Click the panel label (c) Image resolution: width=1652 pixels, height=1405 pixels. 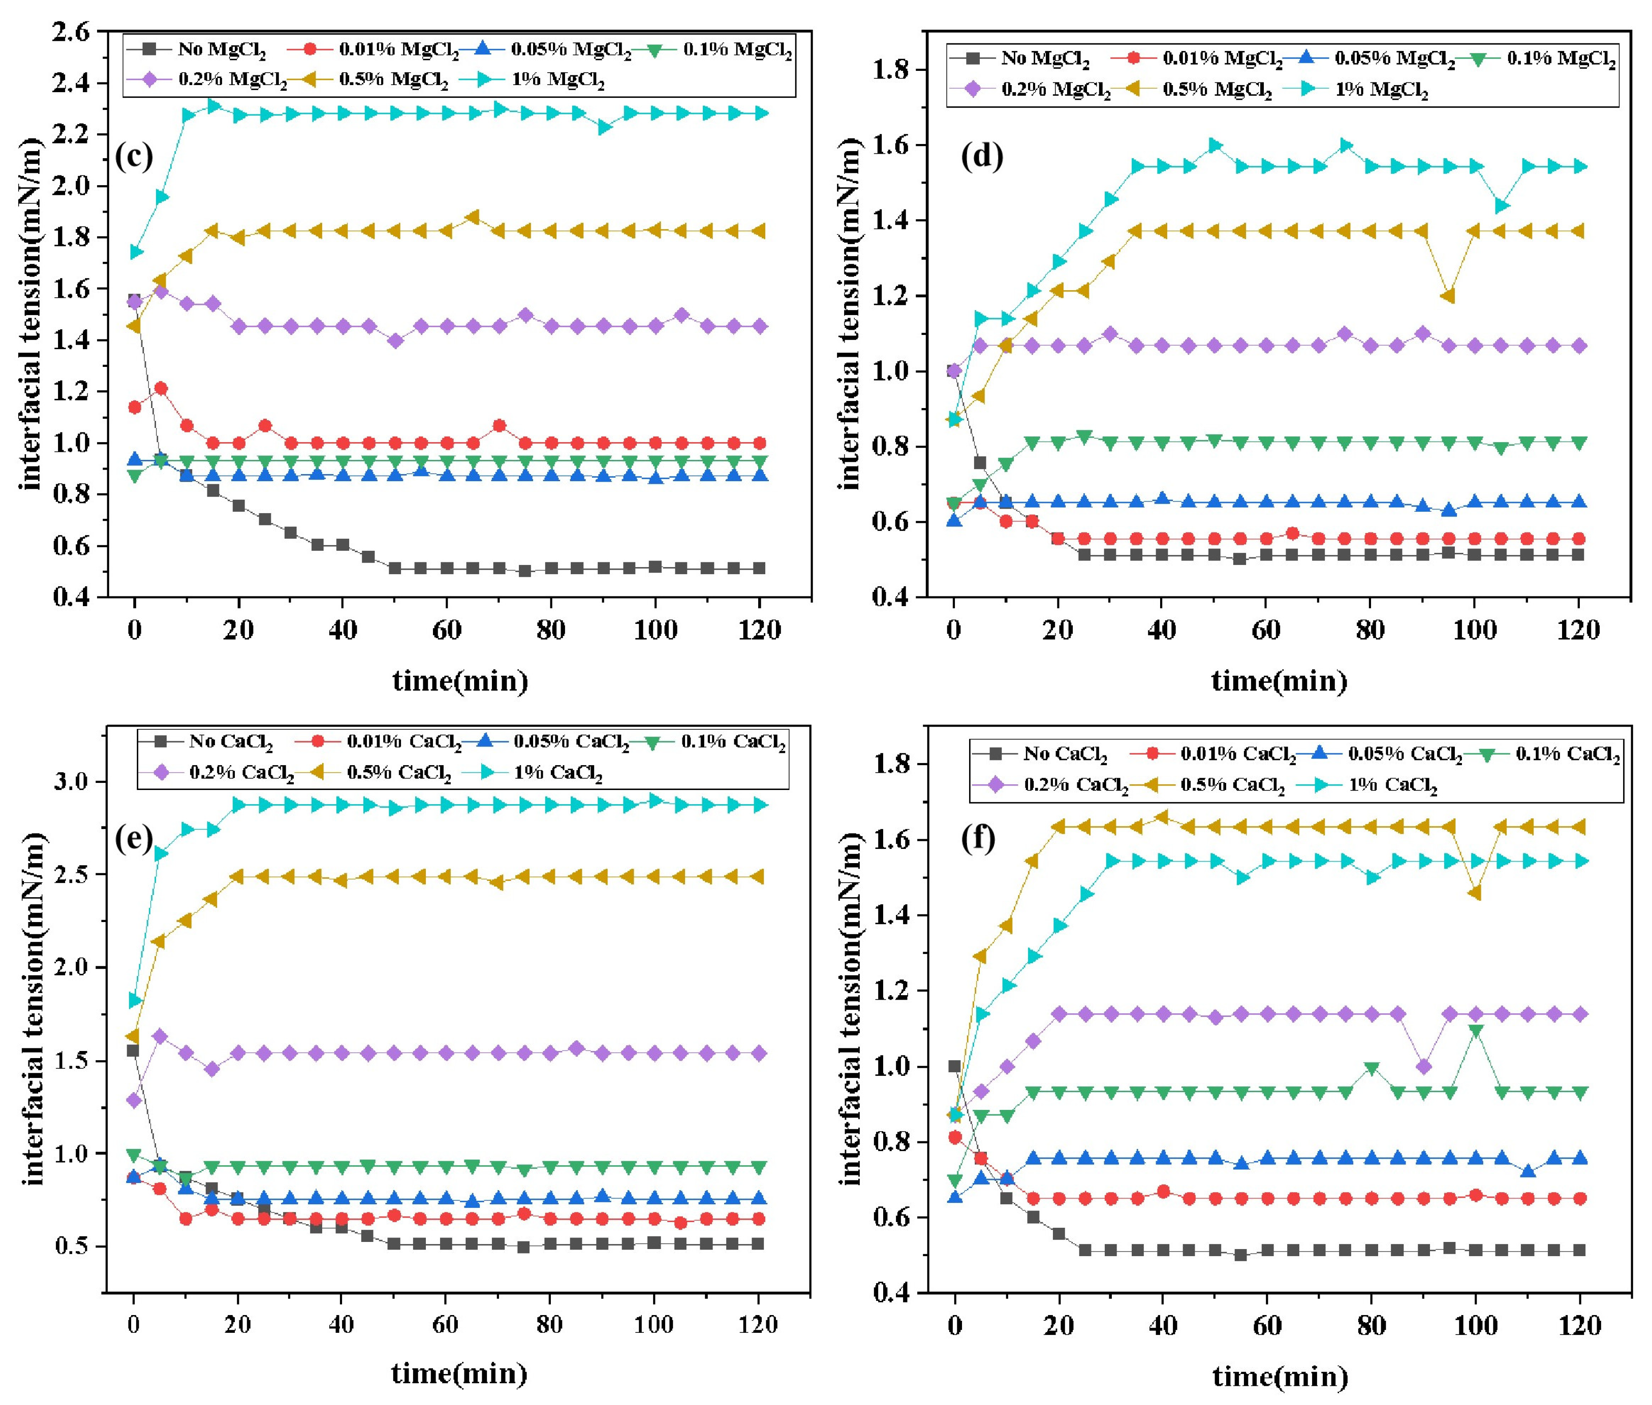[134, 156]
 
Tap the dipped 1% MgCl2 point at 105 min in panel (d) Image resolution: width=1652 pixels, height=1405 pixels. [1501, 206]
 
